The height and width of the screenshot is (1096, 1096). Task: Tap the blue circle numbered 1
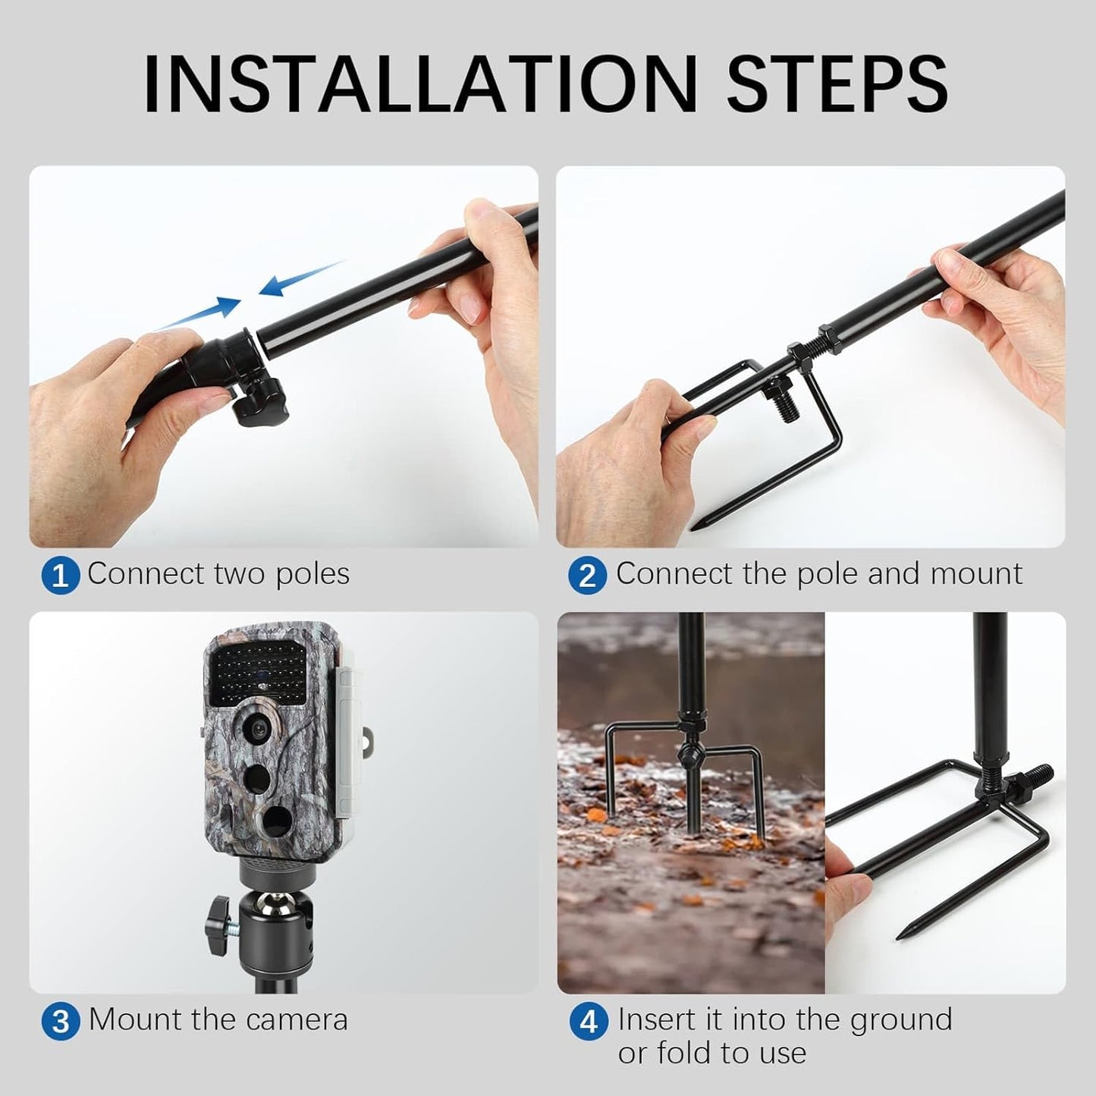coord(60,576)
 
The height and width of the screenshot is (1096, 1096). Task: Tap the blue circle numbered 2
coord(587,576)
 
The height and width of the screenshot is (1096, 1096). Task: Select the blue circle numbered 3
coord(60,1021)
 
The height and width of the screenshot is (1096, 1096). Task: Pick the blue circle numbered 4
coord(589,1022)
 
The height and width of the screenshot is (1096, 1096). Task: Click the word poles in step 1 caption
coord(312,574)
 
